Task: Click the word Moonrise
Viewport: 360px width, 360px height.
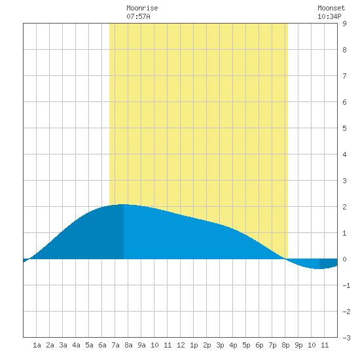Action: pos(142,8)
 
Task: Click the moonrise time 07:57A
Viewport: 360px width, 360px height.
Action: pos(138,16)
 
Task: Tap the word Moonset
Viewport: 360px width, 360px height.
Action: pos(331,8)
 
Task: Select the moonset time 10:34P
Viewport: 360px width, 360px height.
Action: pos(329,16)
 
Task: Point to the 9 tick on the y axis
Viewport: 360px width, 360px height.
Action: pos(344,24)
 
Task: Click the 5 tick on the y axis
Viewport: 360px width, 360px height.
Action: pos(344,128)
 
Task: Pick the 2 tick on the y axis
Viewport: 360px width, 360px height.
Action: pos(344,207)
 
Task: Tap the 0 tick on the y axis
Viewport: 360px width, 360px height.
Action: pos(344,259)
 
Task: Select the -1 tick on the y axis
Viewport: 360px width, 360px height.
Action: pos(346,285)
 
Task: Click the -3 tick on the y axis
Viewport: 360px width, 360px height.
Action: pos(346,338)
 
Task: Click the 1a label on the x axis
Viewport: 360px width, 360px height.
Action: pos(37,345)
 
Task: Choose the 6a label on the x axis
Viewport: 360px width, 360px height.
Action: pos(102,345)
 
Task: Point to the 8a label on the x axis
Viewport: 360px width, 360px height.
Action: pos(128,345)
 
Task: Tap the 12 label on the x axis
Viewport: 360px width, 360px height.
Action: pos(181,345)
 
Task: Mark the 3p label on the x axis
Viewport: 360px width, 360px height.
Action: pos(220,345)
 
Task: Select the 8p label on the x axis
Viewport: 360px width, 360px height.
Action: pos(285,345)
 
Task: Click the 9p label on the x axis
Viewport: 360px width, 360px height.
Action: pos(298,345)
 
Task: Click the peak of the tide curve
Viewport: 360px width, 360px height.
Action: pos(122,204)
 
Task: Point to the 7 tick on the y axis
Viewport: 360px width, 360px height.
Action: pos(344,76)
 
